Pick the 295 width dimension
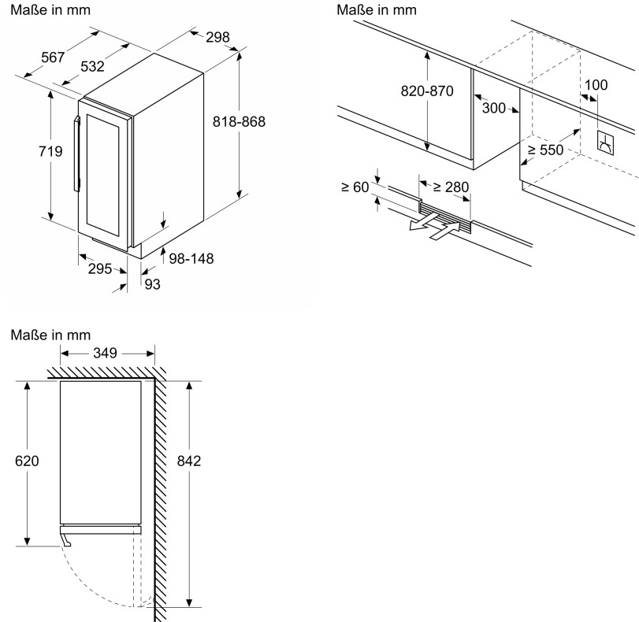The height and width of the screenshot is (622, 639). click(x=98, y=268)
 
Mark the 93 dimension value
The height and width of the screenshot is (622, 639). click(x=151, y=284)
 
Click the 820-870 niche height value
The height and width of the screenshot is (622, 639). click(x=427, y=91)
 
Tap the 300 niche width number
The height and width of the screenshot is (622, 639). click(x=493, y=109)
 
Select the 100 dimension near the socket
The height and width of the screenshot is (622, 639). click(x=597, y=85)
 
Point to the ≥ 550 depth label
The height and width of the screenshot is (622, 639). click(x=546, y=150)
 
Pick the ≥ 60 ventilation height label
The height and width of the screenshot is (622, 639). click(x=355, y=187)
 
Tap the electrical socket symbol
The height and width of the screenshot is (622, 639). click(x=606, y=142)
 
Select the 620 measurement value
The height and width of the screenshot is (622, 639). click(x=27, y=461)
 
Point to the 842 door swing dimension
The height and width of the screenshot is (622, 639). click(x=189, y=461)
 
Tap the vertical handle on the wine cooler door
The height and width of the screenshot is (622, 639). click(x=77, y=154)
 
